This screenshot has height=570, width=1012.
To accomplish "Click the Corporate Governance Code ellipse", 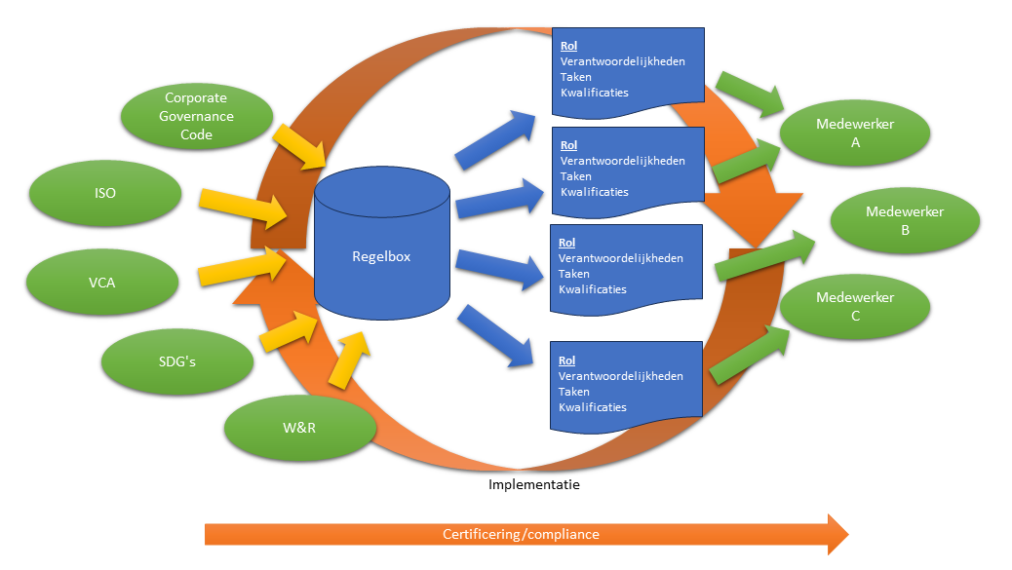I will pyautogui.click(x=196, y=116).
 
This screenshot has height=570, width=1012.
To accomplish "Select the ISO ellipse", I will pyautogui.click(x=105, y=193).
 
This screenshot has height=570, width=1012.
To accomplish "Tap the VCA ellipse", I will pyautogui.click(x=101, y=283).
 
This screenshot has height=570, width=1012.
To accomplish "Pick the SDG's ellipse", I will pyautogui.click(x=177, y=361).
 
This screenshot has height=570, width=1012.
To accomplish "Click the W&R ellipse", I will pyautogui.click(x=299, y=427).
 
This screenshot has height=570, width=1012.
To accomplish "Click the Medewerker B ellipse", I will pyautogui.click(x=905, y=221).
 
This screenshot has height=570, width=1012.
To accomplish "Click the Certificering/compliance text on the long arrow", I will pyautogui.click(x=521, y=534).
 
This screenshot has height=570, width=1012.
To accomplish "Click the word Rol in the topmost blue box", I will pyautogui.click(x=568, y=46).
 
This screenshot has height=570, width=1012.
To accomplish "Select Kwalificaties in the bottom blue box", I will pyautogui.click(x=593, y=407).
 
